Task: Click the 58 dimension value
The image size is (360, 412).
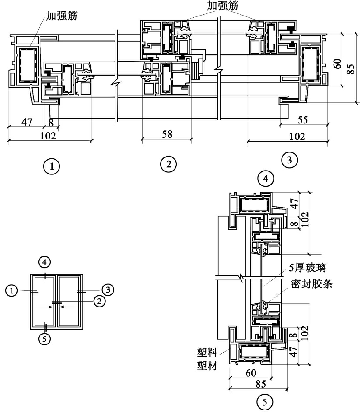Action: tap(167, 134)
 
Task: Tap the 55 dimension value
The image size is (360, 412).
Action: tap(303, 120)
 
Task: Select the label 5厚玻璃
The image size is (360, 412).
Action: tap(307, 268)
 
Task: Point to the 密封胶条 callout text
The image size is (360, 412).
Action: tap(312, 284)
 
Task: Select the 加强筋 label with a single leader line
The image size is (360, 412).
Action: tap(62, 16)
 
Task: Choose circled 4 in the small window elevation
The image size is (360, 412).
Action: tap(44, 262)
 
